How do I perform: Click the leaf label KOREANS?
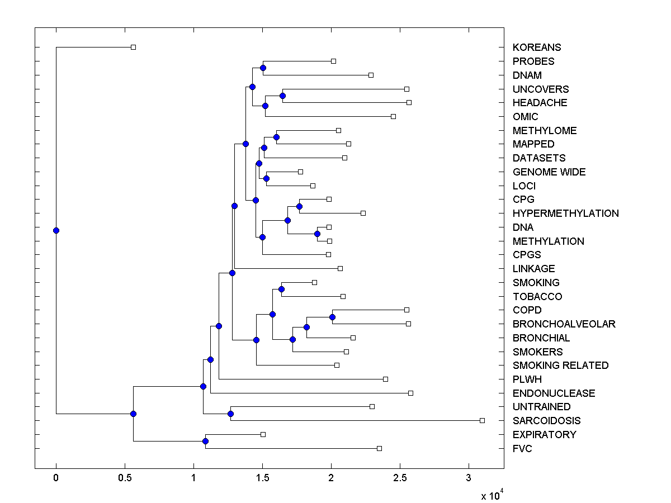coord(536,48)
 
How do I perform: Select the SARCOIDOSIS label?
coord(546,421)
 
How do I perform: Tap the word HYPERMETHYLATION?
coord(565,213)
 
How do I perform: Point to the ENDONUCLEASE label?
coord(554,393)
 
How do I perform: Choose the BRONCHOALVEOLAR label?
coord(564,324)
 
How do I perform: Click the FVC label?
coord(522,448)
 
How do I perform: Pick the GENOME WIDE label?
coord(549,172)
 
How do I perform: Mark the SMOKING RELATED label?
coord(560,366)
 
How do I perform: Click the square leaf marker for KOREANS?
coord(133,47)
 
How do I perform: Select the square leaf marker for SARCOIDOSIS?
coord(482,420)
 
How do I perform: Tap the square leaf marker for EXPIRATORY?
coord(263,434)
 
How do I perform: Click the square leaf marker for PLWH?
coord(385,379)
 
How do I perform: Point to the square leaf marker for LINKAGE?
coord(340,268)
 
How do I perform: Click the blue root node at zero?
coord(56,230)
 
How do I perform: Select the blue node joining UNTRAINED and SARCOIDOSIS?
coord(230,414)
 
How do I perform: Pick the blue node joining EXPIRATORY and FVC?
coord(205,442)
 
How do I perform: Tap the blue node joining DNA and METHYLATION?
coord(317,234)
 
